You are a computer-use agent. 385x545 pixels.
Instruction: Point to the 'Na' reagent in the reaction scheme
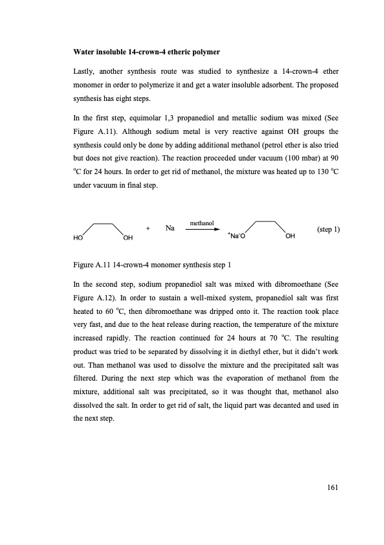(170, 228)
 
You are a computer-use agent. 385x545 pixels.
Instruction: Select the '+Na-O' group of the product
(236, 237)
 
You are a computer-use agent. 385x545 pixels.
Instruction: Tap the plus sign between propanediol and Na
(149, 228)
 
